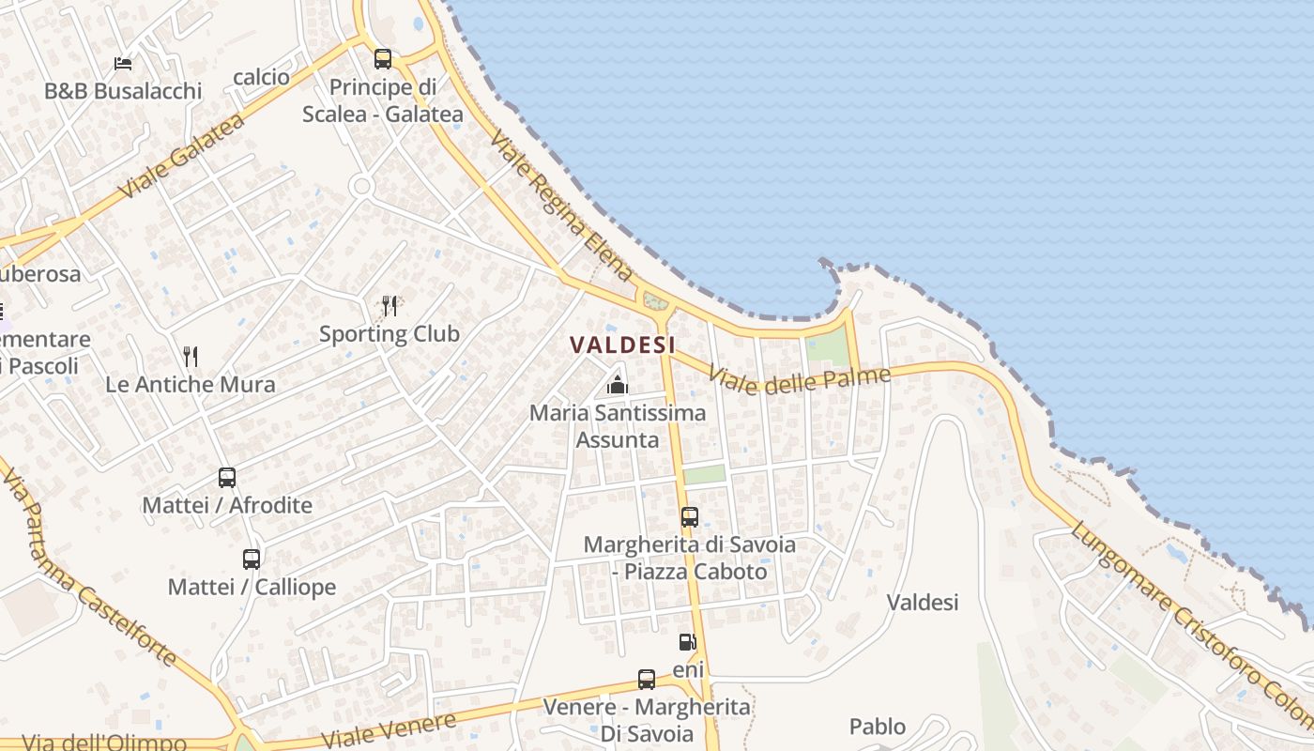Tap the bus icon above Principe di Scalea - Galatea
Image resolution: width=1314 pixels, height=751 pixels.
point(383,59)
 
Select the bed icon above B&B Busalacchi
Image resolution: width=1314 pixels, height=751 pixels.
point(123,63)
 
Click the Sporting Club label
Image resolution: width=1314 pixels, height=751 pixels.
point(390,334)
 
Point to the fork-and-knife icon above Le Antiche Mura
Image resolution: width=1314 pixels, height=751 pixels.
point(191,356)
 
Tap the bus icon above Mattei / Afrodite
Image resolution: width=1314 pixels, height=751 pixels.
point(227,477)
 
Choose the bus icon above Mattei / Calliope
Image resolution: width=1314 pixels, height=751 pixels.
point(252,559)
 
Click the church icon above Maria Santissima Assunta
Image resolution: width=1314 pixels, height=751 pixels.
point(618,384)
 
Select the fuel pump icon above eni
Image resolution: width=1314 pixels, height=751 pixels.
point(688,642)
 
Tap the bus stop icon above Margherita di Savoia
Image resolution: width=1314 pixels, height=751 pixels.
point(690,516)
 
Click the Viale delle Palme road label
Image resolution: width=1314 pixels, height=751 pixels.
point(799,380)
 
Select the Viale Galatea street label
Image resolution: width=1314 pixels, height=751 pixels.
point(182,156)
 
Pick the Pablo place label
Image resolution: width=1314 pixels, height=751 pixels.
point(878,727)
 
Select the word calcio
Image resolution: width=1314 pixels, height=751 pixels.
point(261,77)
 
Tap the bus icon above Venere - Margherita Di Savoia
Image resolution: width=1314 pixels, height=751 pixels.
point(647,679)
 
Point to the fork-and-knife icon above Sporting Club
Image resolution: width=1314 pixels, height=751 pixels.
point(390,305)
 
